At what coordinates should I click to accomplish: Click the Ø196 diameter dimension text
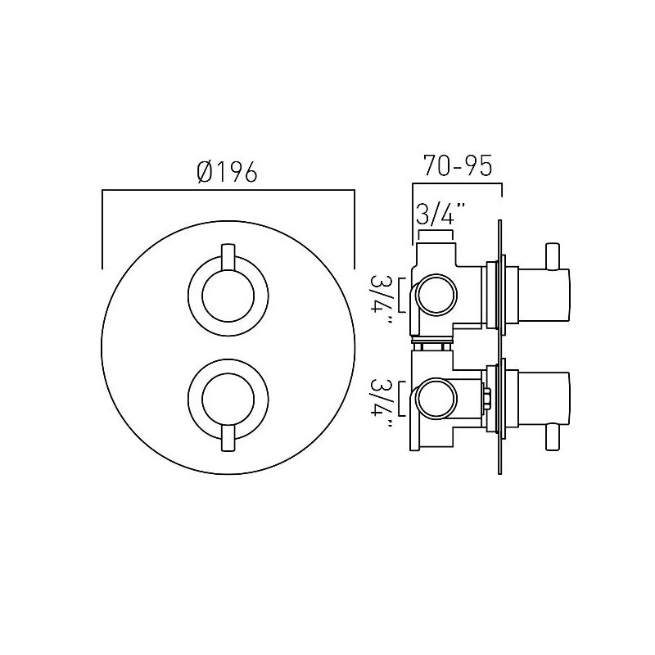click(x=228, y=173)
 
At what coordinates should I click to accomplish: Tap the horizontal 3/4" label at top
click(x=440, y=216)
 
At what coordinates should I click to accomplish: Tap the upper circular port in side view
click(x=435, y=295)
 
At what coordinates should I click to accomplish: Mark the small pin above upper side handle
click(x=552, y=254)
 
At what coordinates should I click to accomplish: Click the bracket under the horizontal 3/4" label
click(x=436, y=235)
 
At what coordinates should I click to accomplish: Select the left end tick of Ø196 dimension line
click(x=102, y=229)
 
